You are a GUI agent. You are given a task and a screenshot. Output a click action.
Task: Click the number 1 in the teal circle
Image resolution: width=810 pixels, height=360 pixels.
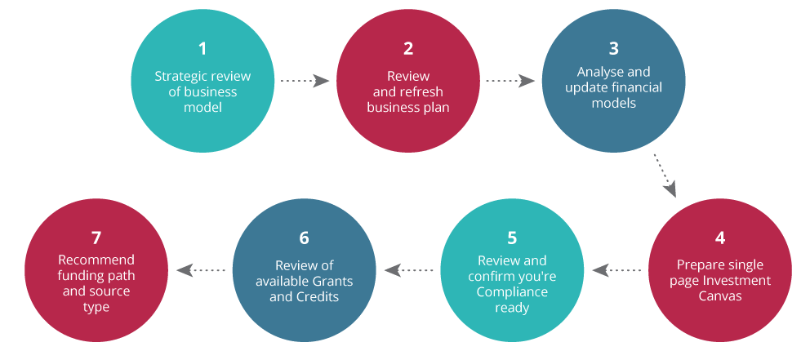click(202, 49)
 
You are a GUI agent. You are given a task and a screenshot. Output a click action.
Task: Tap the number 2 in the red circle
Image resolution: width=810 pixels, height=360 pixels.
click(408, 49)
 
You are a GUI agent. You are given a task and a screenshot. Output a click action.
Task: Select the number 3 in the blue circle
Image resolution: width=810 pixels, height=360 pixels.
click(613, 49)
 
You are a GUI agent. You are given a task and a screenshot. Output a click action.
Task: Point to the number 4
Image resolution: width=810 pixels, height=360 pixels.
click(720, 238)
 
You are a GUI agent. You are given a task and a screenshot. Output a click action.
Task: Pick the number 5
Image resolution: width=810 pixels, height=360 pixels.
click(512, 238)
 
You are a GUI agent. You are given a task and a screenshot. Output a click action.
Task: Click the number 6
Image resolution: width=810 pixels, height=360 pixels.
click(304, 238)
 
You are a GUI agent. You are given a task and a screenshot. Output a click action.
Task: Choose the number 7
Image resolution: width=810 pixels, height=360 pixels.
click(96, 238)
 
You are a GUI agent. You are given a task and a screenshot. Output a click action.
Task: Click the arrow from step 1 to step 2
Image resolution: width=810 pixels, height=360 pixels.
click(305, 81)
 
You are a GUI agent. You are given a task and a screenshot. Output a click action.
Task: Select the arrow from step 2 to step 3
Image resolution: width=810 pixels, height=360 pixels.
click(510, 81)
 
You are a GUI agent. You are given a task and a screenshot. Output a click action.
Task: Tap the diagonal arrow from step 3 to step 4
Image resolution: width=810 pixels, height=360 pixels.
click(665, 175)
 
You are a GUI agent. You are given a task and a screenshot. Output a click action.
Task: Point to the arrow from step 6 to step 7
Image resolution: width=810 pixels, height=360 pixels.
click(201, 269)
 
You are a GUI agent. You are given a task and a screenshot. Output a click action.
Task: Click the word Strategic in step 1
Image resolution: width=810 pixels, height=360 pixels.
click(179, 77)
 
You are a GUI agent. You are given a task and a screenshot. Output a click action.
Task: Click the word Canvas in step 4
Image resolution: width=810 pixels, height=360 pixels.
click(719, 296)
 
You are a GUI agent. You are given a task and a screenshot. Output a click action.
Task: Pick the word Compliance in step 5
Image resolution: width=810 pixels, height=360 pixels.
click(512, 291)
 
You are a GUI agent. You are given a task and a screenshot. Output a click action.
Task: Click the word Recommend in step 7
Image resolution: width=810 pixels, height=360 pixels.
click(96, 260)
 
